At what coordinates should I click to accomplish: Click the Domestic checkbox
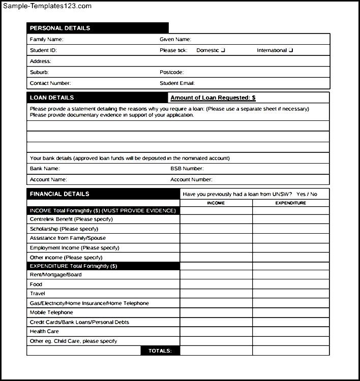(223, 50)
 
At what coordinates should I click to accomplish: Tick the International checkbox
(291, 50)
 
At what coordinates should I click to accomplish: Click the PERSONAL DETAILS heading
(60, 28)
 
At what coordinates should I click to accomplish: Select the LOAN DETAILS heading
(52, 98)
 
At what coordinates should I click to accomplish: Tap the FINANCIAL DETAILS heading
(59, 194)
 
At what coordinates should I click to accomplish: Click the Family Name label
(46, 39)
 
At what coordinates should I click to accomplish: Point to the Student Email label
(177, 83)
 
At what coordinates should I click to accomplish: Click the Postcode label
(171, 72)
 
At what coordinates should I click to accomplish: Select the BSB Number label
(187, 168)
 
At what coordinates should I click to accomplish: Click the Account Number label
(191, 179)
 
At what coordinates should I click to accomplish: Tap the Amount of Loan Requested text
(213, 98)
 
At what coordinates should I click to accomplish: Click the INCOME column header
(216, 203)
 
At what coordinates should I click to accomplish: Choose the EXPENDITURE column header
(291, 203)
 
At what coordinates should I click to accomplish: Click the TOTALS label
(160, 351)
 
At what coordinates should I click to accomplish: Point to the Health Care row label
(44, 331)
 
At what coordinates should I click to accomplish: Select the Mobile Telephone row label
(51, 312)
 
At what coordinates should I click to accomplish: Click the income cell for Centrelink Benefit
(216, 219)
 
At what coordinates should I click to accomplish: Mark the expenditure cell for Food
(291, 284)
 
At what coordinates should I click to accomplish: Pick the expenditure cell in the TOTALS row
(291, 351)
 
